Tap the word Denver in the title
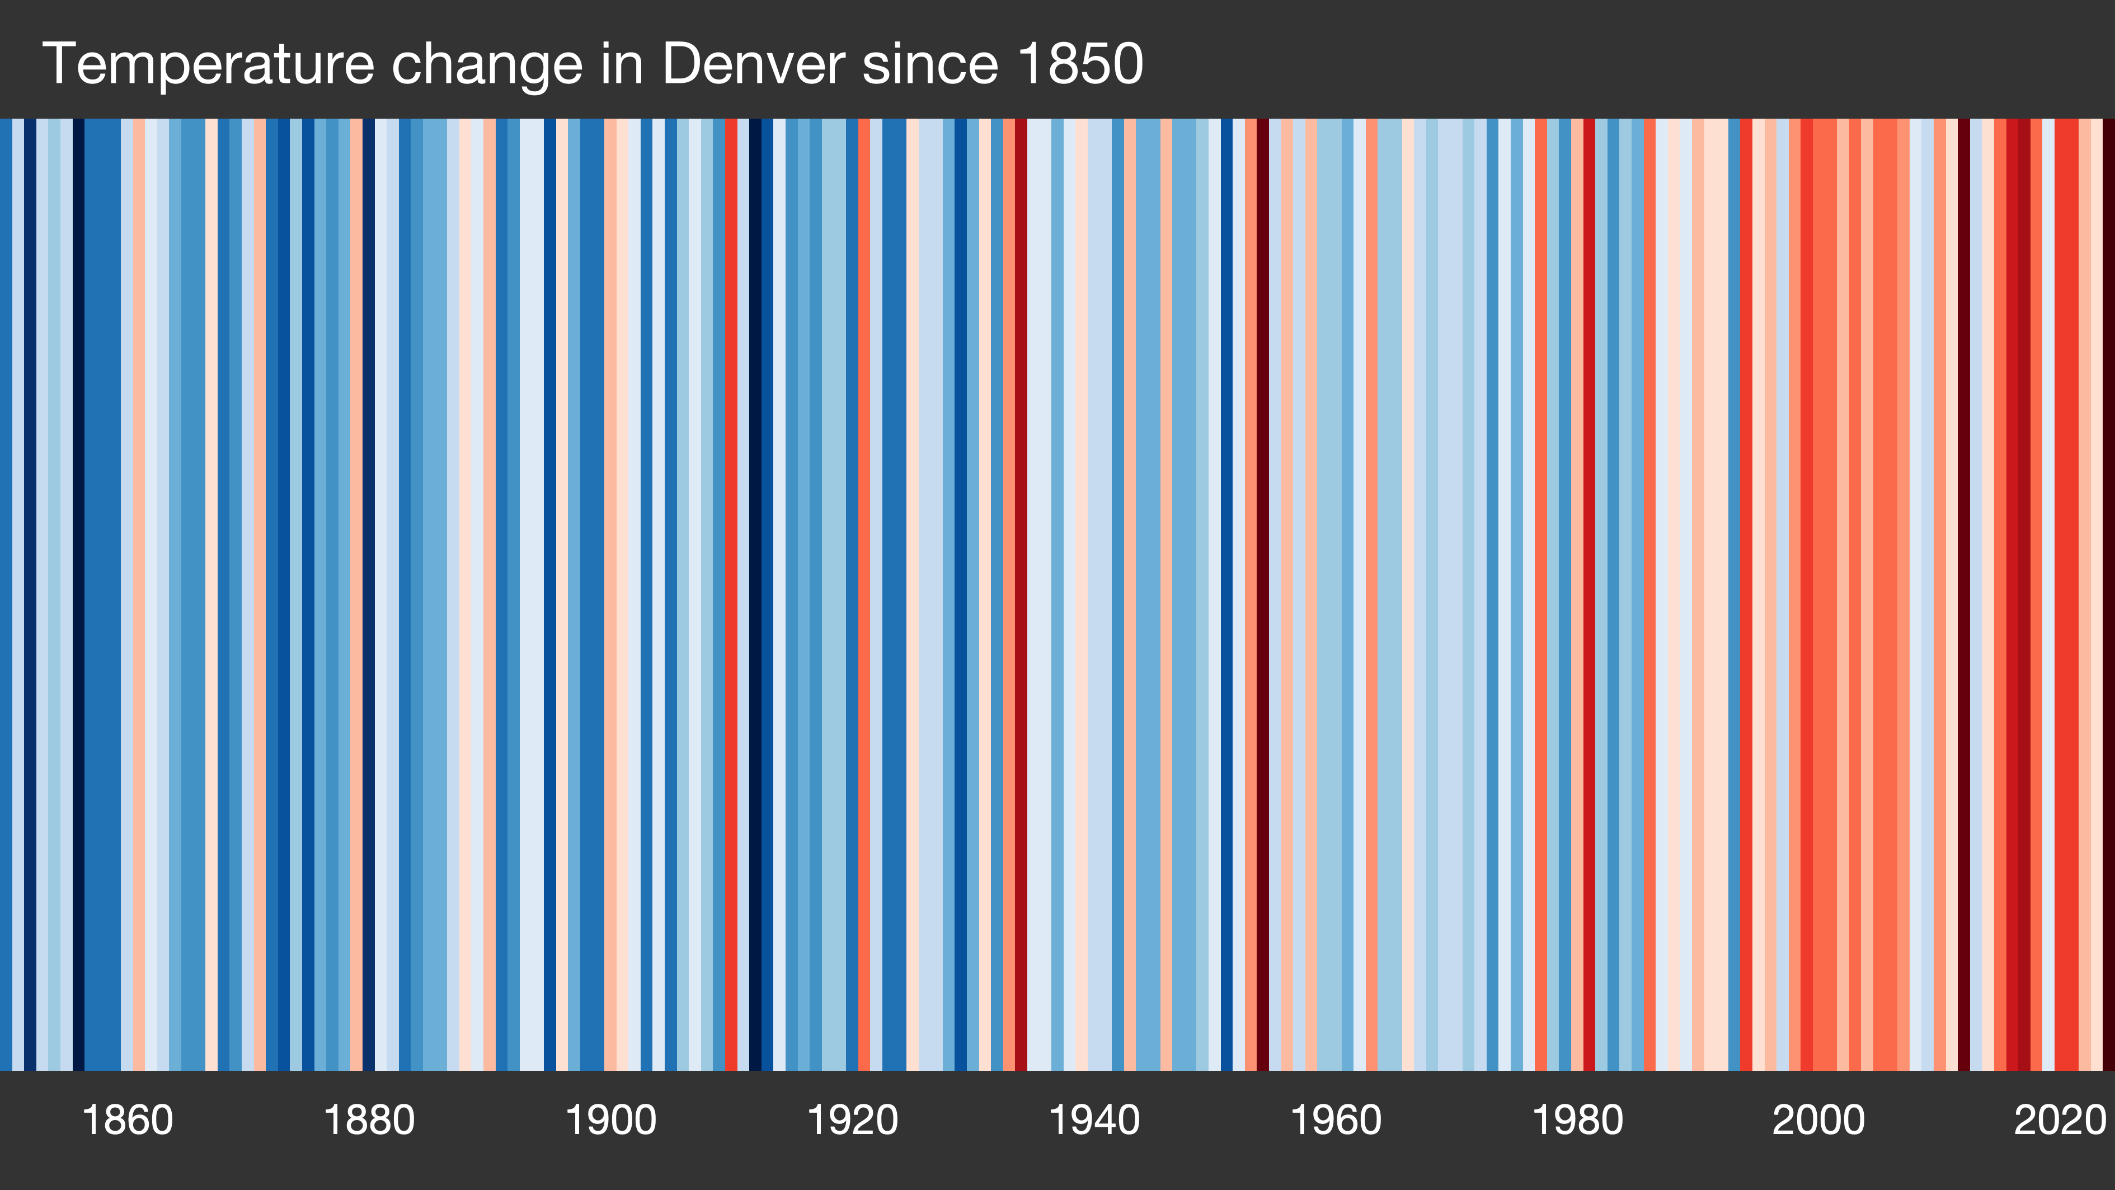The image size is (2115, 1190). click(752, 64)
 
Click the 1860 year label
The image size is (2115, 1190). click(127, 1120)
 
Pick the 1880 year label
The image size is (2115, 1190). click(369, 1120)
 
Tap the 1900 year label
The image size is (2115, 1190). click(611, 1120)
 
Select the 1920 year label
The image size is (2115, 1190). click(852, 1120)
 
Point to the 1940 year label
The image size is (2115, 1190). click(1094, 1120)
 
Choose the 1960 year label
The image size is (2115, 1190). click(1336, 1120)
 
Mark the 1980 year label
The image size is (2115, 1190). click(1577, 1120)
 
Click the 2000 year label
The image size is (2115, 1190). click(1818, 1120)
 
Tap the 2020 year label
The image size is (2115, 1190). click(2060, 1120)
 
